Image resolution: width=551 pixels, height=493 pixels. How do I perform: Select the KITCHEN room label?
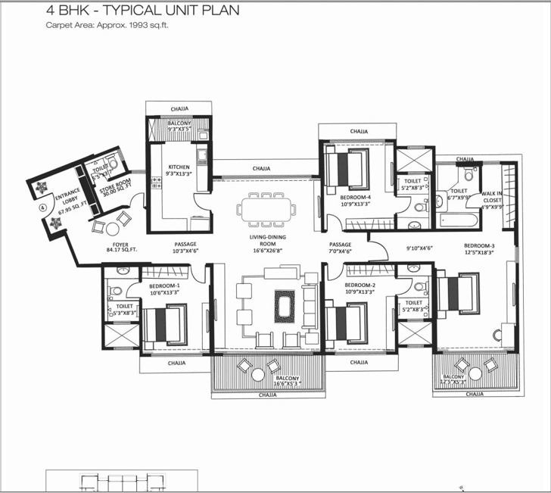tap(179, 167)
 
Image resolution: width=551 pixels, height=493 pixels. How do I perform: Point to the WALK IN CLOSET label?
tap(492, 198)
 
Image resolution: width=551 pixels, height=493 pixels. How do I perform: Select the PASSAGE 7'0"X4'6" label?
tap(341, 248)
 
